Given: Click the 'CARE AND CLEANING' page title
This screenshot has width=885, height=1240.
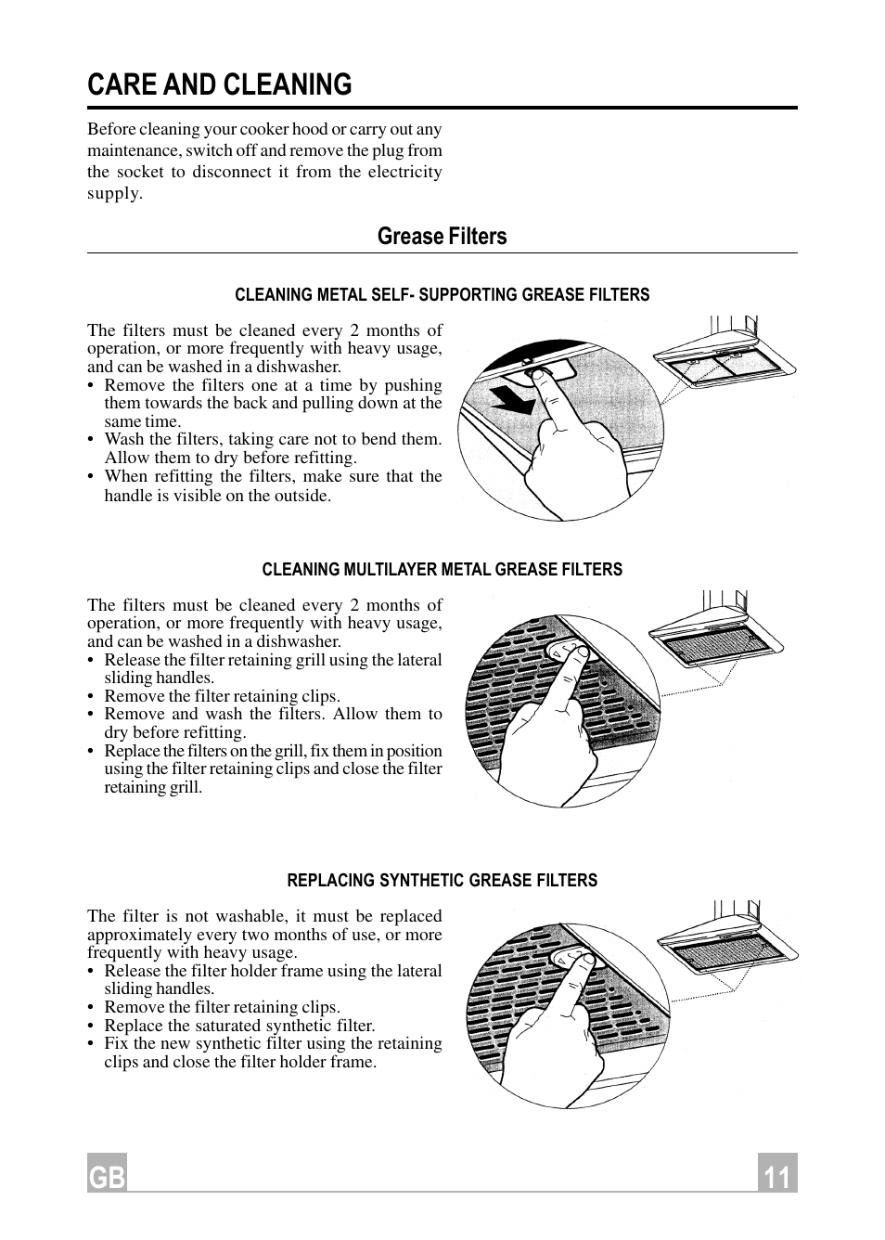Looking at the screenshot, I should point(220,84).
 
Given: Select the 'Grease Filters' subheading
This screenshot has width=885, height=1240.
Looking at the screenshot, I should point(442,237).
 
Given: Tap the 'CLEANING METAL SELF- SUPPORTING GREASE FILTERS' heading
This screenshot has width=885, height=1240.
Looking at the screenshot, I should point(442,295).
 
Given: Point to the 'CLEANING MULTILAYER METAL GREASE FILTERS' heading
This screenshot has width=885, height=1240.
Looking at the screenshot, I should point(442,570).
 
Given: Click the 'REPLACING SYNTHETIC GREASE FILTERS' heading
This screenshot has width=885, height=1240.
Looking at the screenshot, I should point(442,881).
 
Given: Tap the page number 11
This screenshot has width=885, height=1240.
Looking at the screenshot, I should point(776,1176).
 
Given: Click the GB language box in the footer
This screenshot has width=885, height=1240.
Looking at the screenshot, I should point(107,1176).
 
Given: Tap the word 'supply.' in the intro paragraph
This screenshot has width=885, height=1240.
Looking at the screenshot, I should point(115,194).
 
